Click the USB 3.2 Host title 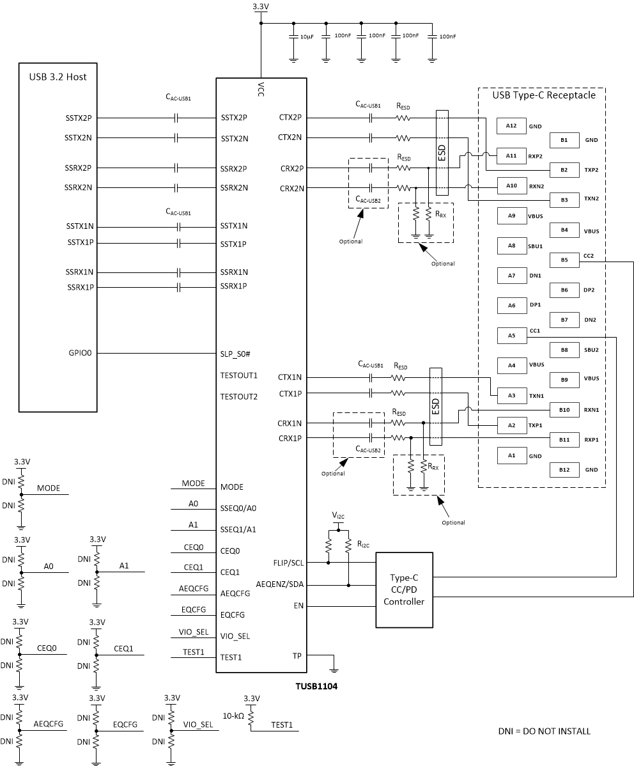coord(58,77)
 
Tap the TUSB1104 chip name coord(313,687)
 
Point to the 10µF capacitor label coord(306,37)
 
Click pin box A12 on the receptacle coord(511,125)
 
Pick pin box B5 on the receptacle coord(564,260)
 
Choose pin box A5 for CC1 coord(511,335)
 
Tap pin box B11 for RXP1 coord(564,439)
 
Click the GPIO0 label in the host coord(81,353)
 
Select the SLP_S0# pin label coord(238,353)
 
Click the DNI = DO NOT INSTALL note coord(544,731)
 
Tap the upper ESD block coord(442,153)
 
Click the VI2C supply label coord(339,515)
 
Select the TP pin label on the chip coord(297,655)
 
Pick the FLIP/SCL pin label coord(288,563)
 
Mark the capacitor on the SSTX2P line coord(178,118)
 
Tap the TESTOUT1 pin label coord(238,375)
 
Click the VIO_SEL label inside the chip coord(235,636)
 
